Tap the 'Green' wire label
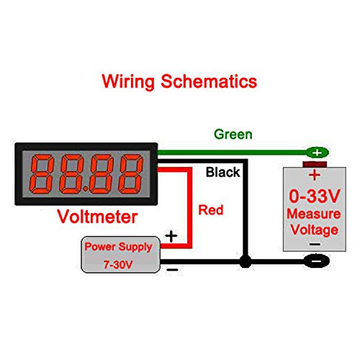(x=233, y=134)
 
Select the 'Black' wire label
(x=222, y=173)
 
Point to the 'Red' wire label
(x=210, y=210)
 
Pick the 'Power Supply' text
(x=118, y=246)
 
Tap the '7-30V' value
(x=118, y=263)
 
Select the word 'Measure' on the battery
(x=313, y=215)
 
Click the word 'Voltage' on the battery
(x=313, y=230)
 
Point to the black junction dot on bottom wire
(x=246, y=264)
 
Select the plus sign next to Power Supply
(x=171, y=235)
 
